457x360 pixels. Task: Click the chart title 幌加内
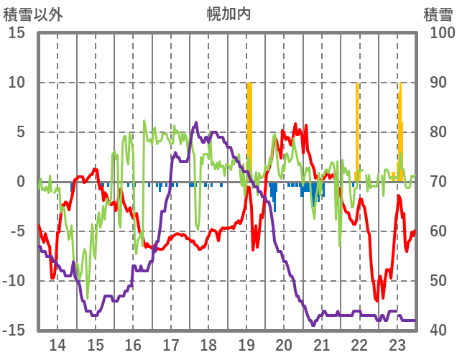coord(228,14)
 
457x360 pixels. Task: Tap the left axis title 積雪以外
coord(33,14)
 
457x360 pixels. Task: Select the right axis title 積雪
coord(438,14)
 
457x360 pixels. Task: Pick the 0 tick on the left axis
coord(22,182)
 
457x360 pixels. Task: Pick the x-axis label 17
coord(170,343)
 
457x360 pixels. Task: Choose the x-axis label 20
coord(284,343)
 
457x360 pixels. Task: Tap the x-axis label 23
coord(397,343)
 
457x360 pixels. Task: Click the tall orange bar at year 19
coord(249,129)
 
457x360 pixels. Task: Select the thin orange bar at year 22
coord(357,129)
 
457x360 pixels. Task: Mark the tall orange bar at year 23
coord(401,129)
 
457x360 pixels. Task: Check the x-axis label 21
coord(321,343)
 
